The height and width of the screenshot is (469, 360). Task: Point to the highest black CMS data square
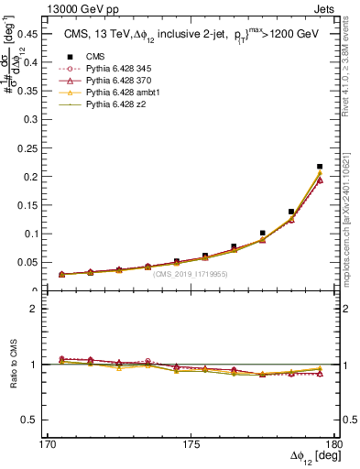[320, 167]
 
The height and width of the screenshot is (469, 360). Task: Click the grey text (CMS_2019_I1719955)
[191, 273]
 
